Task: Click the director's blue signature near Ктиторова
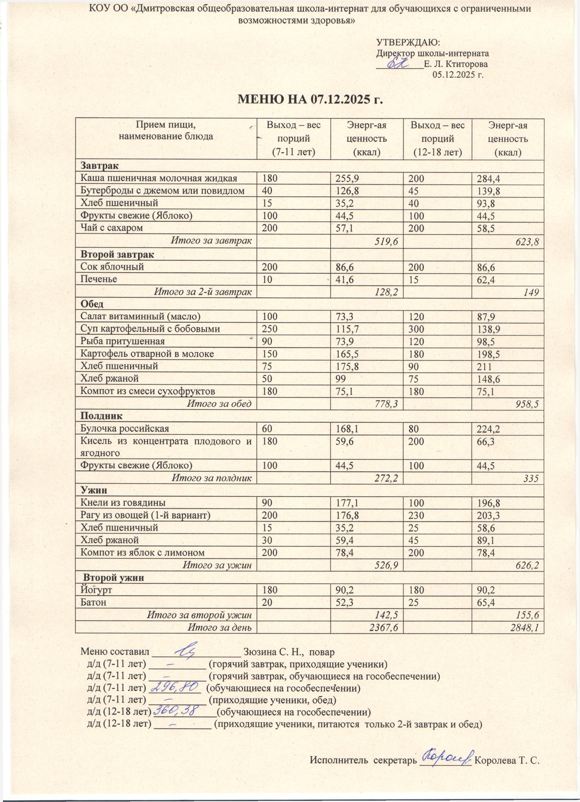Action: (398, 64)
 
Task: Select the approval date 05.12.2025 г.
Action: (458, 75)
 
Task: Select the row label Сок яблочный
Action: (112, 267)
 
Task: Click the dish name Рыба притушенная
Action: (122, 341)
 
